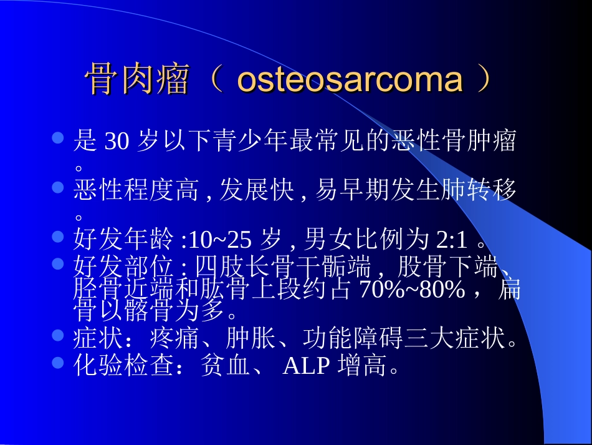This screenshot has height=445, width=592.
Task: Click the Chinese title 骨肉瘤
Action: click(x=136, y=80)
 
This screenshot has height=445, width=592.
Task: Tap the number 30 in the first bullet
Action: click(x=117, y=142)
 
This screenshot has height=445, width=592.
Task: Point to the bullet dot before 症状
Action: click(x=58, y=335)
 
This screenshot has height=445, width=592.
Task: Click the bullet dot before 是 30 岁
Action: click(x=58, y=137)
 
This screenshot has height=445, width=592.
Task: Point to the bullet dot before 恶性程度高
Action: click(x=58, y=187)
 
